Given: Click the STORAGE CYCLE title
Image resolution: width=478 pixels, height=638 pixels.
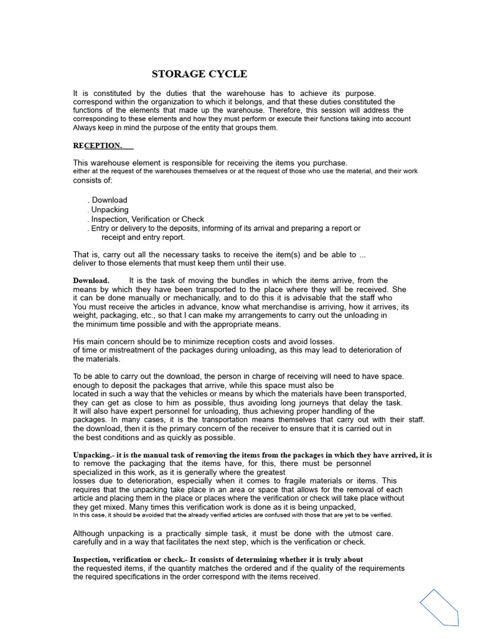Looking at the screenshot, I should click(199, 74).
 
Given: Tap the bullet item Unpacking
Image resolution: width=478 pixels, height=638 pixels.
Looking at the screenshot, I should click(110, 210).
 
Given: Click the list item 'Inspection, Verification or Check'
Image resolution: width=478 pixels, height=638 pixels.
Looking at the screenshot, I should click(148, 219).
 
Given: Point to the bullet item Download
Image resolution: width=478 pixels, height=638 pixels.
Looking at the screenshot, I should click(109, 200).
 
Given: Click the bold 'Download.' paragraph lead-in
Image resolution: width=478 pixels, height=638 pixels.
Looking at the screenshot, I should click(91, 280).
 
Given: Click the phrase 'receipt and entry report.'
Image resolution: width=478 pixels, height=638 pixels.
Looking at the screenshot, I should click(143, 237).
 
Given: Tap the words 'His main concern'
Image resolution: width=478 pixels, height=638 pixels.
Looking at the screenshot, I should click(104, 341).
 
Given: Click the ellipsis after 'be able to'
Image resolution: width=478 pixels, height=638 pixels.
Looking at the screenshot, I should click(363, 255).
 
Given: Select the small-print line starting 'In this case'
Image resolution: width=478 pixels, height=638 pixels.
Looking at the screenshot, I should click(232, 515).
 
